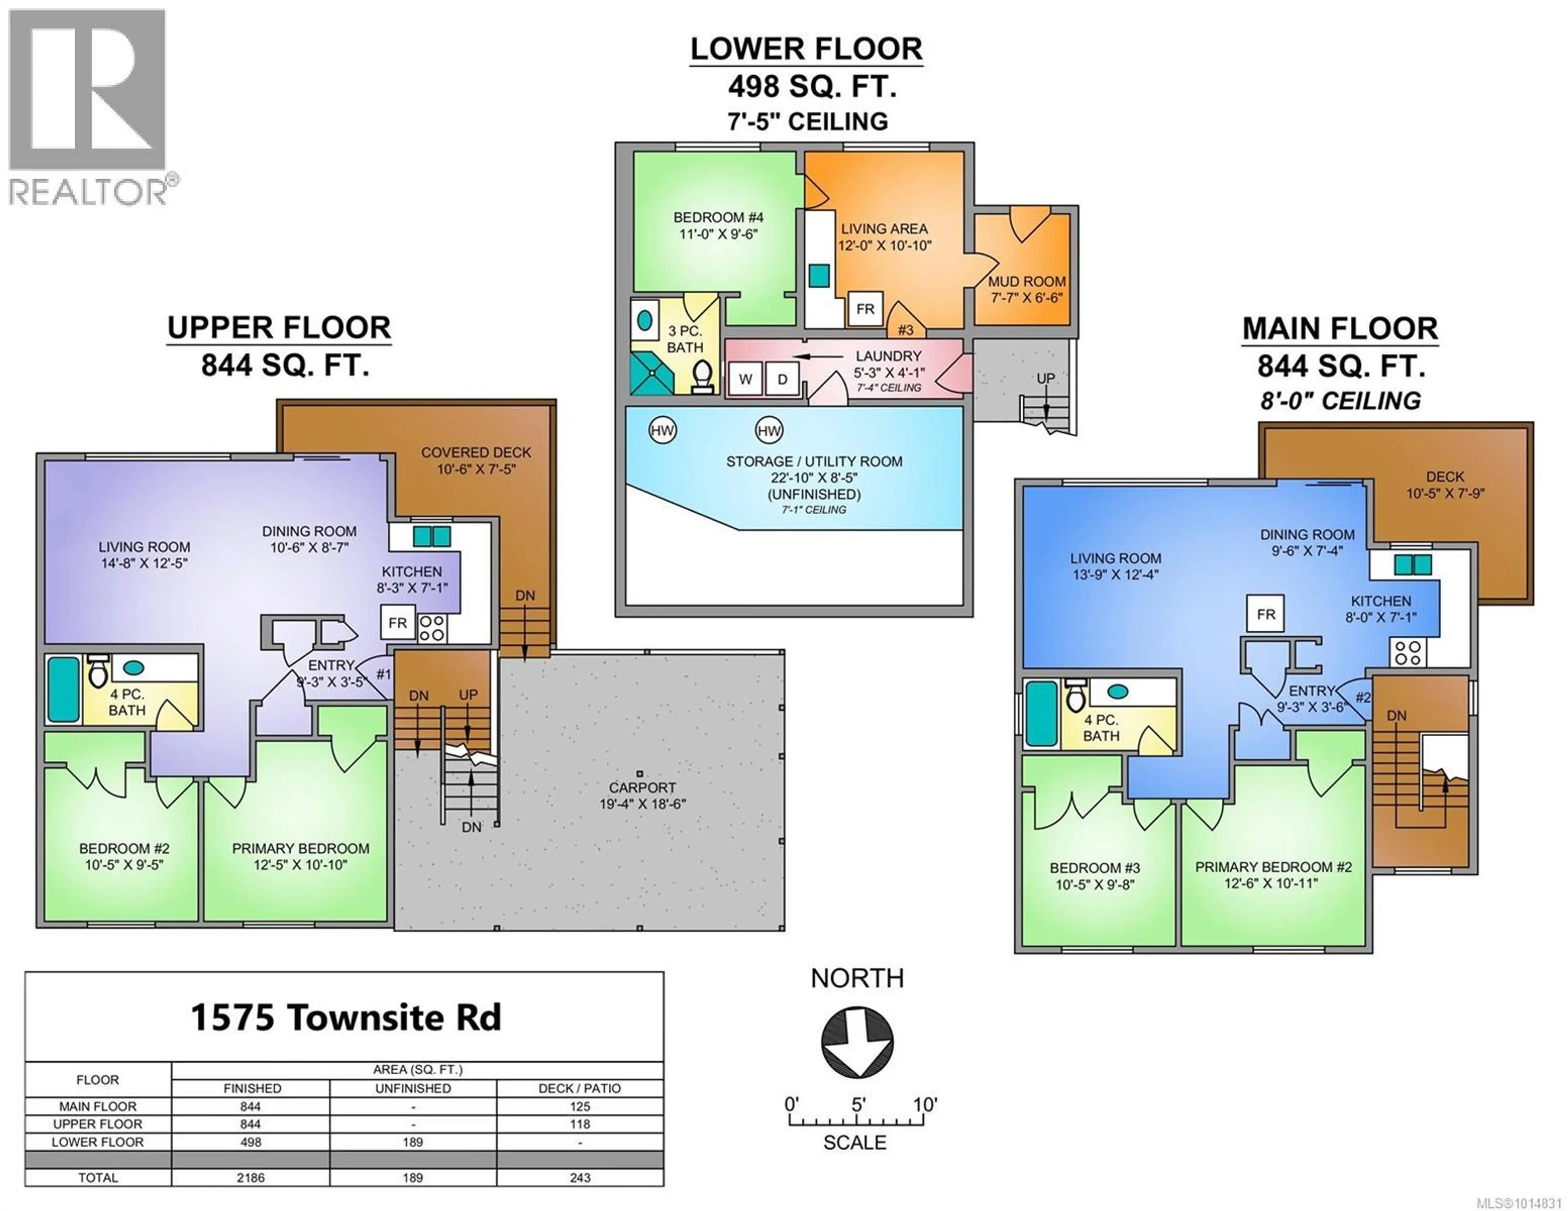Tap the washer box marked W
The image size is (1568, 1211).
tap(745, 379)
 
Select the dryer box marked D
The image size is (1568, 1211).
tap(782, 379)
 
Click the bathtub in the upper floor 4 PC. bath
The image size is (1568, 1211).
tap(63, 689)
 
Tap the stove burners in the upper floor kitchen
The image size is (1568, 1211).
tap(432, 628)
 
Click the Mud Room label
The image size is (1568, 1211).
tap(1026, 289)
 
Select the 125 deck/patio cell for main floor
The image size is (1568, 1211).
tap(579, 1106)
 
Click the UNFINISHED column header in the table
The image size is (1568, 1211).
tap(413, 1088)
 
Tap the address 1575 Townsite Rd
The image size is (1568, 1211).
tap(345, 1017)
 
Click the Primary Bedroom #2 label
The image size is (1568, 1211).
tap(1273, 874)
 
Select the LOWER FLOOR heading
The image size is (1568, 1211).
tap(806, 49)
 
